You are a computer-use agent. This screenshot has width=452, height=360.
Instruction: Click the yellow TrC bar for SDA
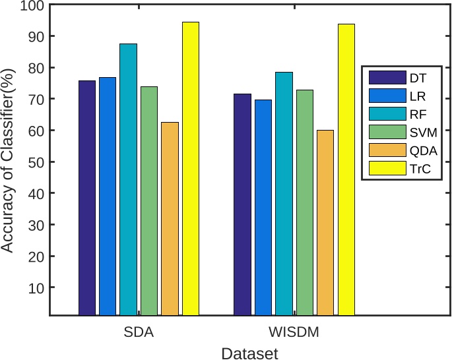[x=190, y=169]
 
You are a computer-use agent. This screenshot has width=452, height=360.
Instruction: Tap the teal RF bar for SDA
[x=128, y=179]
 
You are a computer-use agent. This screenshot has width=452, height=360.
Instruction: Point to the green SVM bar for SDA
[x=149, y=201]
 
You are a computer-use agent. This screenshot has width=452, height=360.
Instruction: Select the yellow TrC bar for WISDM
[x=346, y=169]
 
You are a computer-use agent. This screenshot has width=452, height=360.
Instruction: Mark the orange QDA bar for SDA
[x=170, y=219]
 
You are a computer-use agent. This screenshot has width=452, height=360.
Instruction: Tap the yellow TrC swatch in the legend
[x=381, y=169]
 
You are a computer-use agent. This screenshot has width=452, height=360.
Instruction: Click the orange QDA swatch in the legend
[x=381, y=151]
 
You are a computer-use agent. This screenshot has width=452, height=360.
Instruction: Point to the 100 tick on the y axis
[x=30, y=6]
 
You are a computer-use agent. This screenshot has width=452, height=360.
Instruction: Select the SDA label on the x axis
[x=139, y=332]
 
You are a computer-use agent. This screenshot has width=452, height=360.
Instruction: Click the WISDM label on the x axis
[x=294, y=332]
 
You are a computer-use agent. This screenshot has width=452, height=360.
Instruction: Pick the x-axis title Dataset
[x=249, y=353]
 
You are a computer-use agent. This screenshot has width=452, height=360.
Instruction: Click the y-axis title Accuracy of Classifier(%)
[x=8, y=161]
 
